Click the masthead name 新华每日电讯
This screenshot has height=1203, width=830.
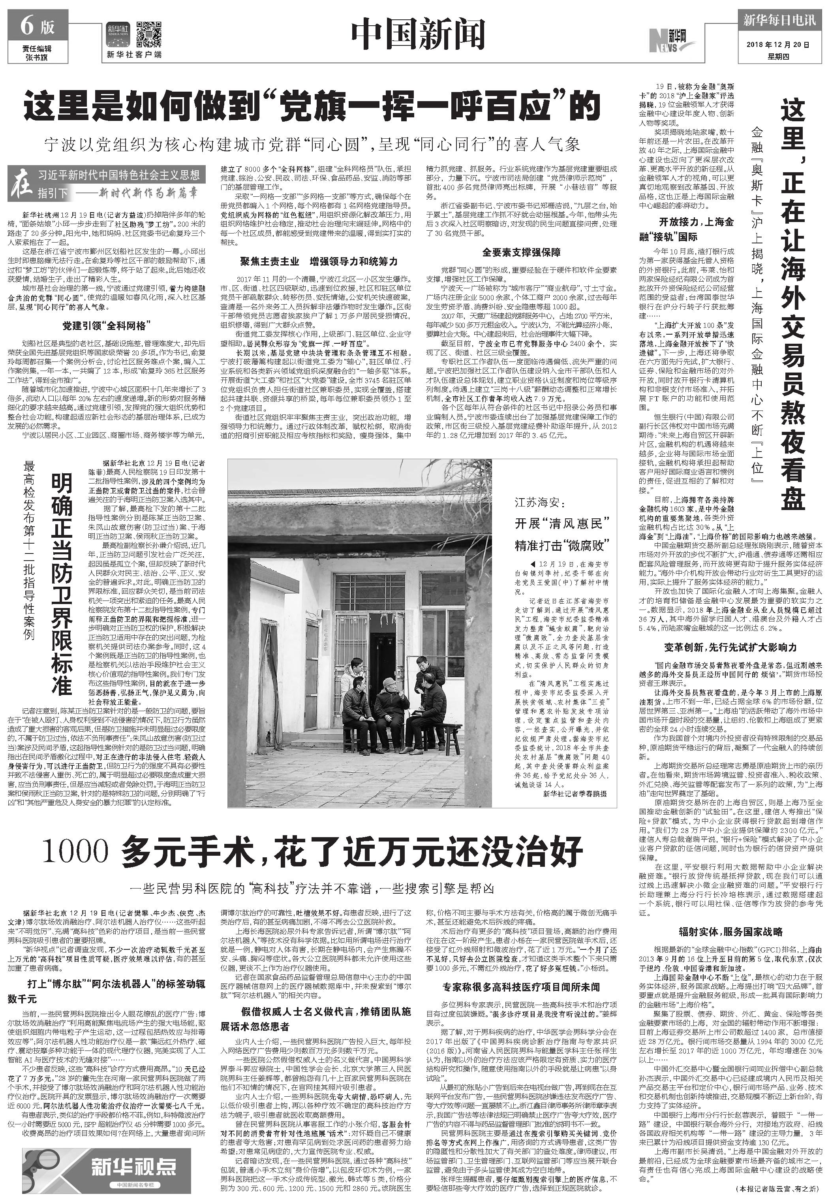(777, 21)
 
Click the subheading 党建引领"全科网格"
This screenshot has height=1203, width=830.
(107, 326)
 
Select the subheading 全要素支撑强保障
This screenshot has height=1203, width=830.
(521, 252)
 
